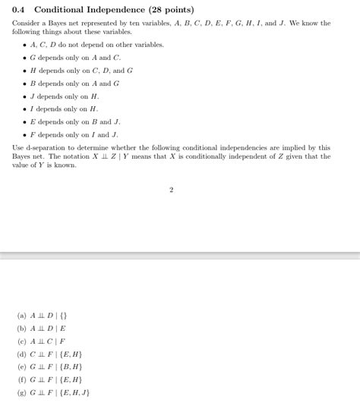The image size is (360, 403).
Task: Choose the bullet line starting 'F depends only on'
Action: [x=74, y=135]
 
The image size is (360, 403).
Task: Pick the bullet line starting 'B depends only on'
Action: [x=74, y=83]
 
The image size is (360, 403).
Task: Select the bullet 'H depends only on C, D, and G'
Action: [x=81, y=71]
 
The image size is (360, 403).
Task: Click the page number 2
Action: [x=172, y=190]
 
